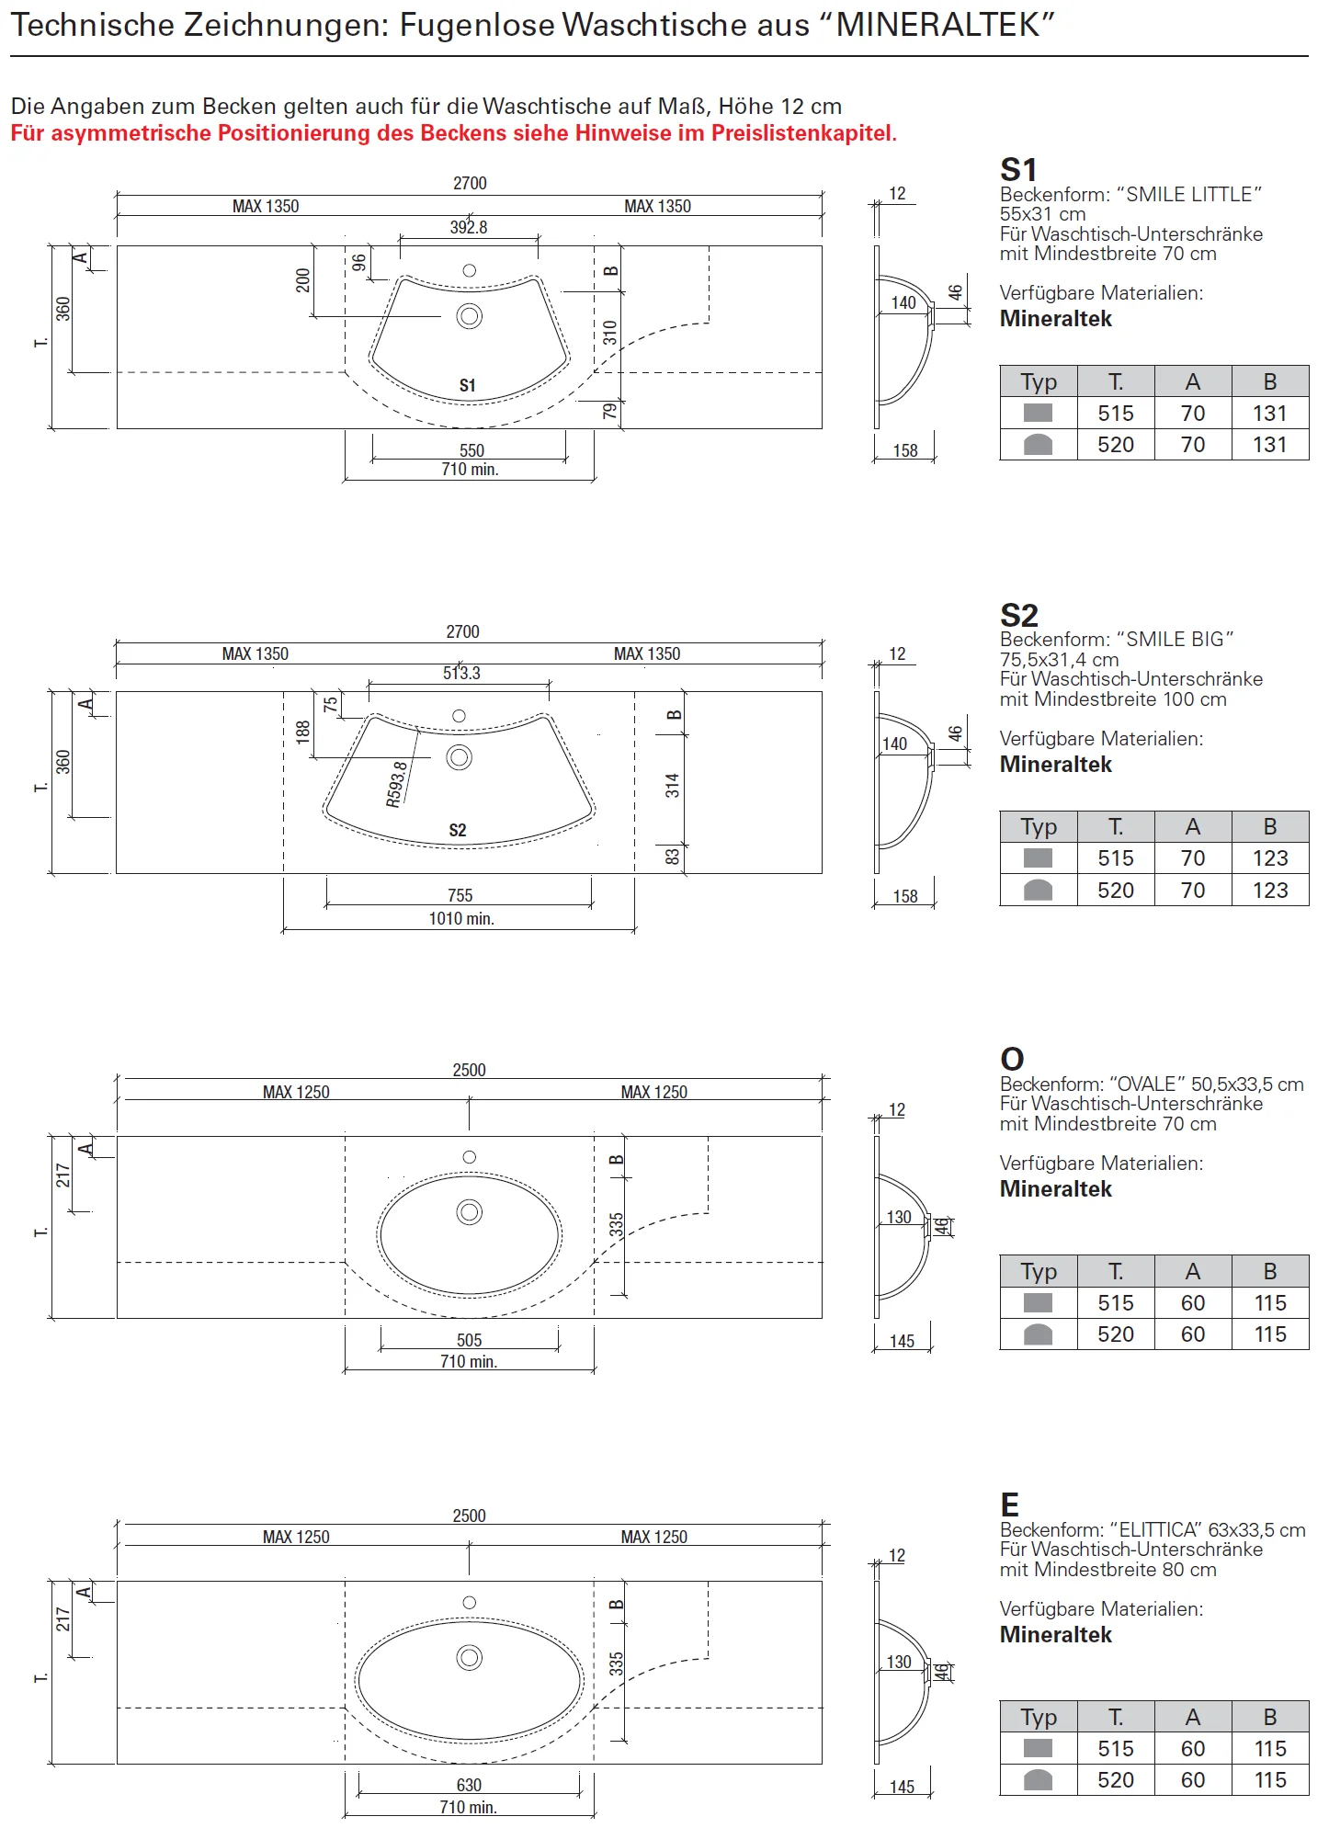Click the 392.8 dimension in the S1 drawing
(469, 227)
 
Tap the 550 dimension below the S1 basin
(471, 450)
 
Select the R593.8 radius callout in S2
(397, 784)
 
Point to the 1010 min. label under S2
(461, 918)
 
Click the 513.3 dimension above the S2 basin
(461, 673)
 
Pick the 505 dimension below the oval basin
(469, 1340)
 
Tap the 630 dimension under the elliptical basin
(469, 1785)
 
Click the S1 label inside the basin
(468, 385)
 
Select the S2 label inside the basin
(458, 830)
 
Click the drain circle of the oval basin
(470, 1212)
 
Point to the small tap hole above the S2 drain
(460, 716)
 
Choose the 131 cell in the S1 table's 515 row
(1270, 414)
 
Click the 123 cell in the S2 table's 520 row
(1270, 890)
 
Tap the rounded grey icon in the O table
(1038, 1334)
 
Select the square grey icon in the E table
(1038, 1748)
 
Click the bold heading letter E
(1010, 1505)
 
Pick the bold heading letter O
(1012, 1059)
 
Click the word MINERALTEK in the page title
(938, 25)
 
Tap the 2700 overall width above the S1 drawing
(470, 183)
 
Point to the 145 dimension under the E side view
(902, 1787)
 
